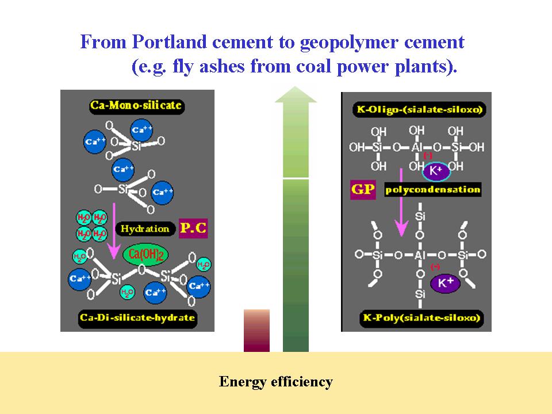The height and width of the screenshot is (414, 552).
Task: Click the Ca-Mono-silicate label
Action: click(x=135, y=106)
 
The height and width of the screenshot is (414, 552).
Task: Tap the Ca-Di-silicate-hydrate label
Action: click(x=137, y=317)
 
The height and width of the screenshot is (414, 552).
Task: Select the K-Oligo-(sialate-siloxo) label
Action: click(x=416, y=109)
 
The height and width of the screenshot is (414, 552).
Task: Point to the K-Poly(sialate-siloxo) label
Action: click(x=416, y=317)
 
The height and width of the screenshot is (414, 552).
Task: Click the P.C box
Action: click(x=193, y=228)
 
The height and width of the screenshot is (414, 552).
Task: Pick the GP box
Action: click(x=363, y=190)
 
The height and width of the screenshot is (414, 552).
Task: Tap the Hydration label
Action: click(x=145, y=228)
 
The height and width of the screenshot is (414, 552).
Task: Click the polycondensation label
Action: click(x=432, y=190)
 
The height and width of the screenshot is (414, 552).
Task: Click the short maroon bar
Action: click(x=256, y=331)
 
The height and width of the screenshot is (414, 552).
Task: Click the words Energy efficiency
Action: click(x=276, y=381)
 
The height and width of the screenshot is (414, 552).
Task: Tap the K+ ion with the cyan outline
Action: click(x=435, y=171)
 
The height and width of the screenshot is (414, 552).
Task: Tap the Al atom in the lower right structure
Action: click(x=420, y=254)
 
